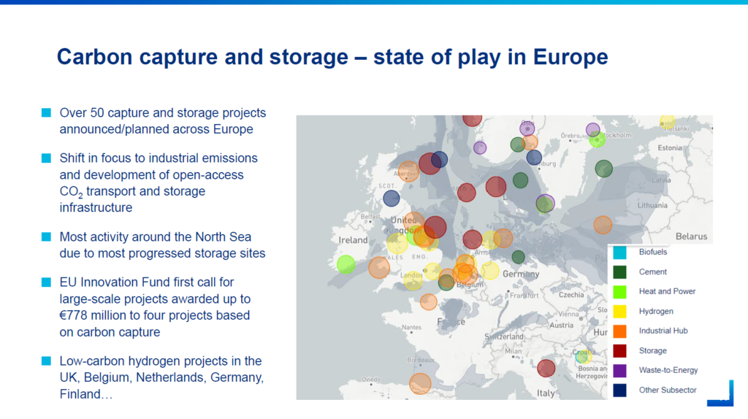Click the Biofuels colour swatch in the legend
pos(619,253)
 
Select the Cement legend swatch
pos(619,272)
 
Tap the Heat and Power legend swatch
pos(619,292)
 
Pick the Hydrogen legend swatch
pos(619,312)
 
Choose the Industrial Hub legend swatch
pos(619,331)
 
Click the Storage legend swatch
pos(619,351)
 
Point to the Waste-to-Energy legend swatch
pos(619,371)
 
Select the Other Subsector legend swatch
pos(619,391)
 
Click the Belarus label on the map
pos(691,237)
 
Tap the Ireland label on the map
pos(354,240)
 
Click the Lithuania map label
pos(652,206)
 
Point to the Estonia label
pos(670,148)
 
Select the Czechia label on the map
pos(571,295)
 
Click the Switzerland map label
pos(504,337)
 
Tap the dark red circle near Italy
pos(546,369)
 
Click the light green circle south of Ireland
pos(346,264)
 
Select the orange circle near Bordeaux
pos(420,383)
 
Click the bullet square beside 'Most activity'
pos(46,237)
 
